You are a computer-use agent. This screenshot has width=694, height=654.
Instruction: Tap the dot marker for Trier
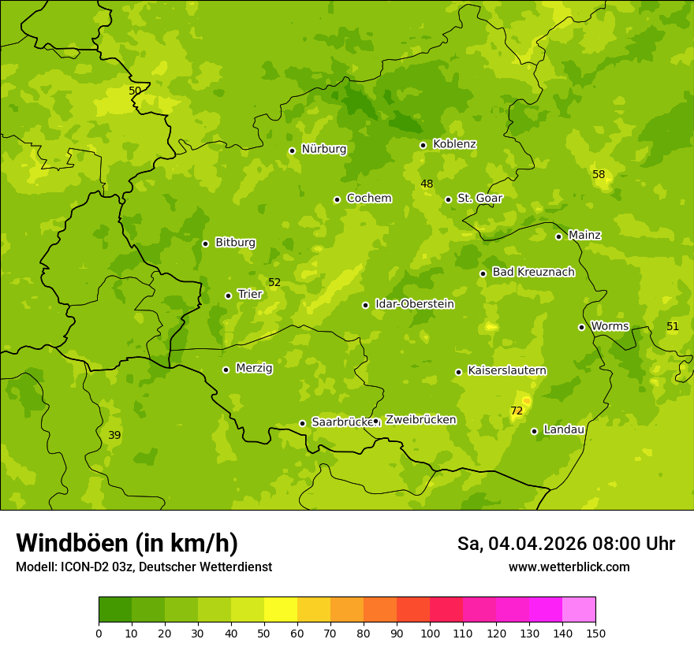coord(229,295)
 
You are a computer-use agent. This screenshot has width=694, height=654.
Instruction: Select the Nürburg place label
coord(323,149)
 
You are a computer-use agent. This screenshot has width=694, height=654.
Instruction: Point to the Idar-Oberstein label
coord(415,304)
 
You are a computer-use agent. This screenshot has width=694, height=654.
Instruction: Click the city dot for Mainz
coord(558,236)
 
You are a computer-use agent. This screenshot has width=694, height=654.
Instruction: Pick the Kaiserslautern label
coord(507,370)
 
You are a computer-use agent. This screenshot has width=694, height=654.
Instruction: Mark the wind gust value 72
coord(517,411)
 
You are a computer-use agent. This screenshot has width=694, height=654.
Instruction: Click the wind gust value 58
coord(599,174)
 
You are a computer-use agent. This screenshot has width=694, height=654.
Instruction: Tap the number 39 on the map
coord(114,435)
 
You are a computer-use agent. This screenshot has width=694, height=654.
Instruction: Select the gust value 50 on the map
coord(135,91)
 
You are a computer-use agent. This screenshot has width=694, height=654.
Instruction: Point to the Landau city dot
coord(534,431)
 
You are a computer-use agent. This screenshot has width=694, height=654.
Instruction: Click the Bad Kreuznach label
coord(533,272)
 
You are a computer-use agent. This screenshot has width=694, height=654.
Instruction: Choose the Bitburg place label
coord(235,243)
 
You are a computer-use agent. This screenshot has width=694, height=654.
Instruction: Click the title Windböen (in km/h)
coord(127,543)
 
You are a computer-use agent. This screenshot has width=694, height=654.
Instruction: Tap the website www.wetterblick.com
coord(569,567)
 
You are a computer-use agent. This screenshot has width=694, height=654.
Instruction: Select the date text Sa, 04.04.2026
coord(520,544)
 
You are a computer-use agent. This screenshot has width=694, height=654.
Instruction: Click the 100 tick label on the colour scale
coord(430,633)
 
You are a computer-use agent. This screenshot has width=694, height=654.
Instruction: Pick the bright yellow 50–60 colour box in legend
coord(281,610)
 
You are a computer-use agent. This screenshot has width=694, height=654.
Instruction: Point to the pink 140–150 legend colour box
coord(579,610)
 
